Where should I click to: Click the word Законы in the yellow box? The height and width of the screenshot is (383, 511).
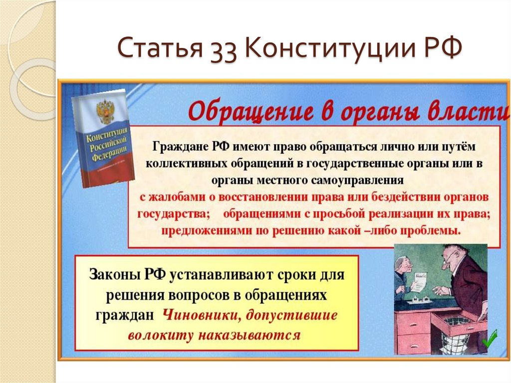114,274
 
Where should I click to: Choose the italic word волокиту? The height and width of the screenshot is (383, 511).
160,335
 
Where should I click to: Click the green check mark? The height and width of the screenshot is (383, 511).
489,340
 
